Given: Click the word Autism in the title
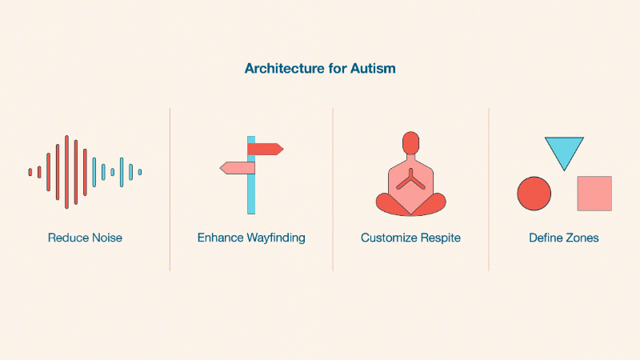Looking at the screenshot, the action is tap(373, 68).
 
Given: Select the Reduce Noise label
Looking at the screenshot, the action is tap(85, 238).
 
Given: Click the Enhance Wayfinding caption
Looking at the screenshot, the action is tap(251, 238).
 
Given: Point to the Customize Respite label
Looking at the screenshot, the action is tap(410, 238).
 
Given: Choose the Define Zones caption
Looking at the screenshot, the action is tap(564, 238).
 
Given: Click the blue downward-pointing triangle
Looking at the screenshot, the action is tap(564, 151).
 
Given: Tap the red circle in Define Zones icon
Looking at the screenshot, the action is tap(534, 194).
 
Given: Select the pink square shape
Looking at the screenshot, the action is tap(594, 194).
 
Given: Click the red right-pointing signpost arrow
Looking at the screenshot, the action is tap(266, 149).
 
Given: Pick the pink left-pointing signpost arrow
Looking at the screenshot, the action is tap(238, 168).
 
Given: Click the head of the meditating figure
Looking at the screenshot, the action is tap(410, 143).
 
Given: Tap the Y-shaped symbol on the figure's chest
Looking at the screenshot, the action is tap(410, 181).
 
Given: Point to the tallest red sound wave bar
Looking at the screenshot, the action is tap(66, 172).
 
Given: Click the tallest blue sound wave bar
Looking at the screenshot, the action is tap(122, 172).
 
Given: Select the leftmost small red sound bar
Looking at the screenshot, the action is tap(30, 172).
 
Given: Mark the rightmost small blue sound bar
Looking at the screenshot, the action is tap(140, 172).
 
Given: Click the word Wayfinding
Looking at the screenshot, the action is tap(276, 238).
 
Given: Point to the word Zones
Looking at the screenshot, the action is tap(581, 238).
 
